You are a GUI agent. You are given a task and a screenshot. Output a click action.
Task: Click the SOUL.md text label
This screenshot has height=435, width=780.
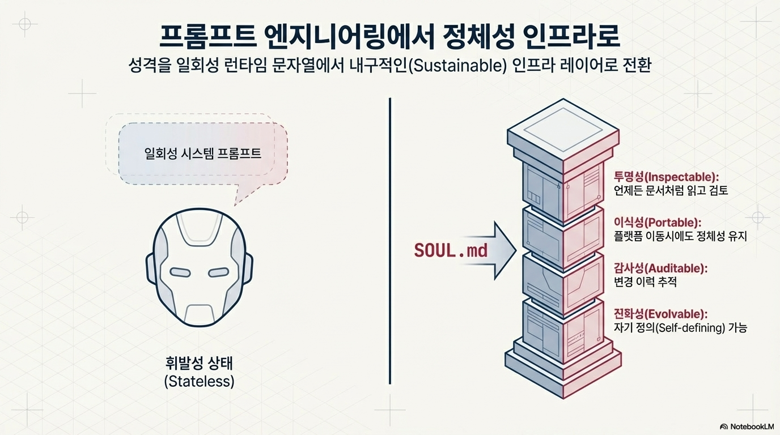pyautogui.click(x=451, y=250)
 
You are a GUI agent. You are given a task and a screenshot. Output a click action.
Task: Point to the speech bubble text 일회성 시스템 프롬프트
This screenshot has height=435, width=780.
pyautogui.click(x=202, y=153)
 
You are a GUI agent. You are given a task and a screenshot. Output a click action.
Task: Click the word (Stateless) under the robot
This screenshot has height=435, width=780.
pyautogui.click(x=199, y=381)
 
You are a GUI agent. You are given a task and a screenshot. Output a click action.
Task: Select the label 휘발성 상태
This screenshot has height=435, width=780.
pyautogui.click(x=199, y=362)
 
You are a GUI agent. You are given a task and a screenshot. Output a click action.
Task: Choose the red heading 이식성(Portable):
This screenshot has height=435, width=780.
pyautogui.click(x=658, y=221)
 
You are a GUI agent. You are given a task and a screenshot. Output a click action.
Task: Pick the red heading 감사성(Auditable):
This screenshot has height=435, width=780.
pyautogui.click(x=660, y=267)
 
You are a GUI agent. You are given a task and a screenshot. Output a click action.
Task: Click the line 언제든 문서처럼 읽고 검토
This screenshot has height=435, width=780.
pyautogui.click(x=671, y=191)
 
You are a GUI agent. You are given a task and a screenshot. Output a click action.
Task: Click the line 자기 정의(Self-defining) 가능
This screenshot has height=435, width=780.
pyautogui.click(x=680, y=328)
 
